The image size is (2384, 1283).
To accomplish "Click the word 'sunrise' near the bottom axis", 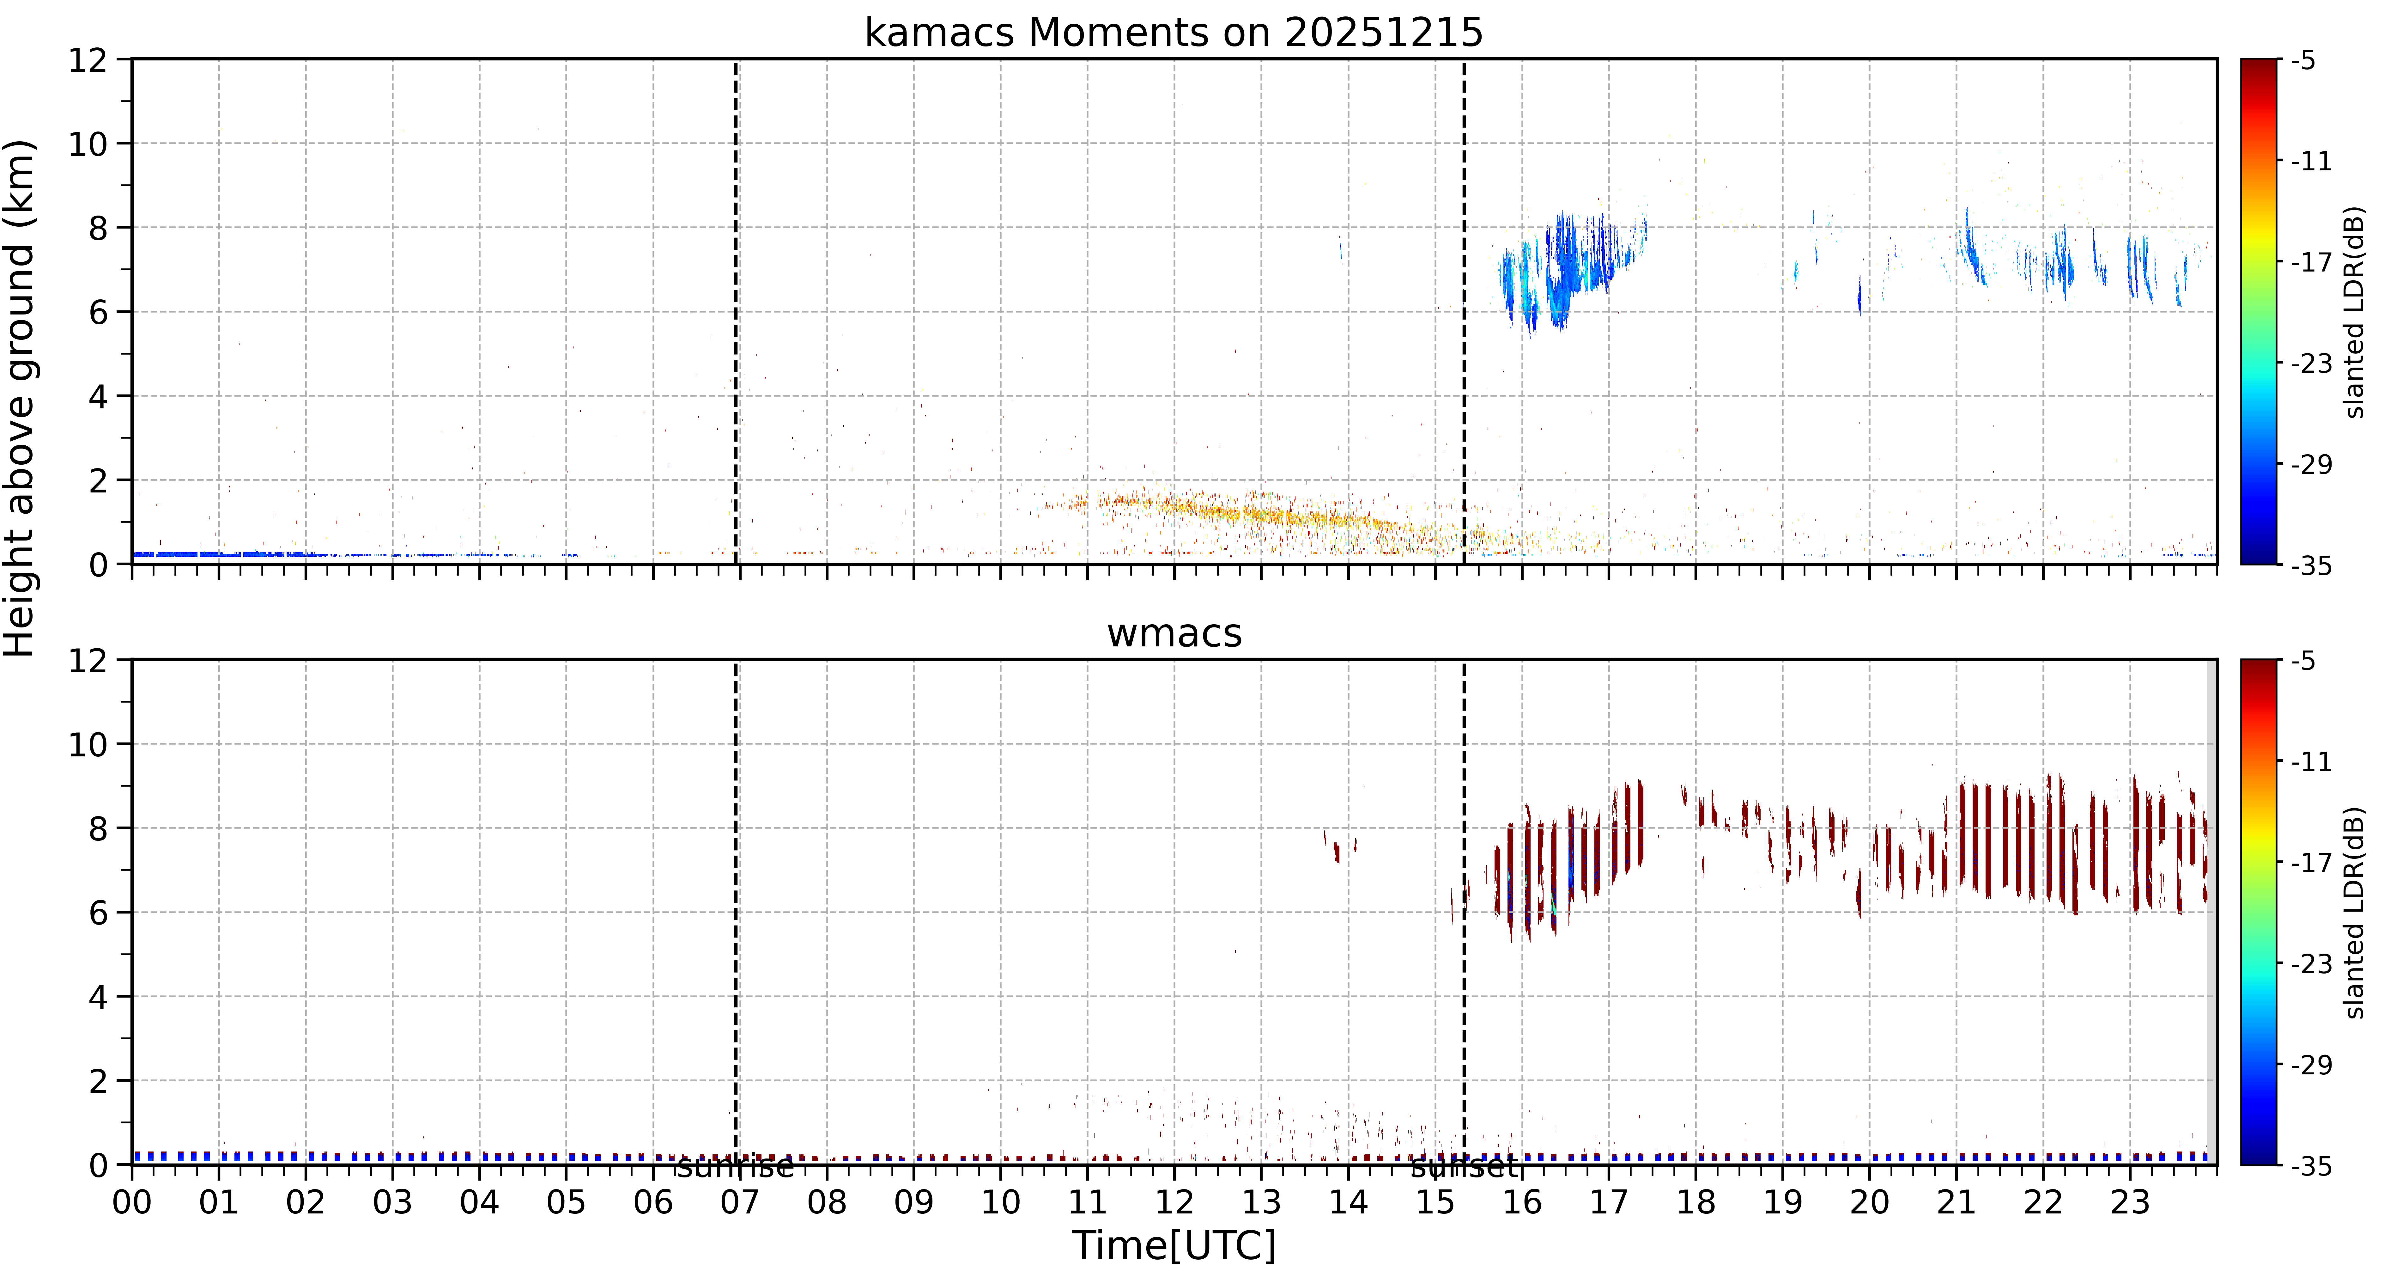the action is pos(736,1167).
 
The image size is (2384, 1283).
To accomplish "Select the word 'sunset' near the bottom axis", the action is pos(1464,1167).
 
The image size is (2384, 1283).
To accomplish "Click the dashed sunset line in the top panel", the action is pos(1464,312).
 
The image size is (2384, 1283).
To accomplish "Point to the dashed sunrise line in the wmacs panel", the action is pos(736,912).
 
